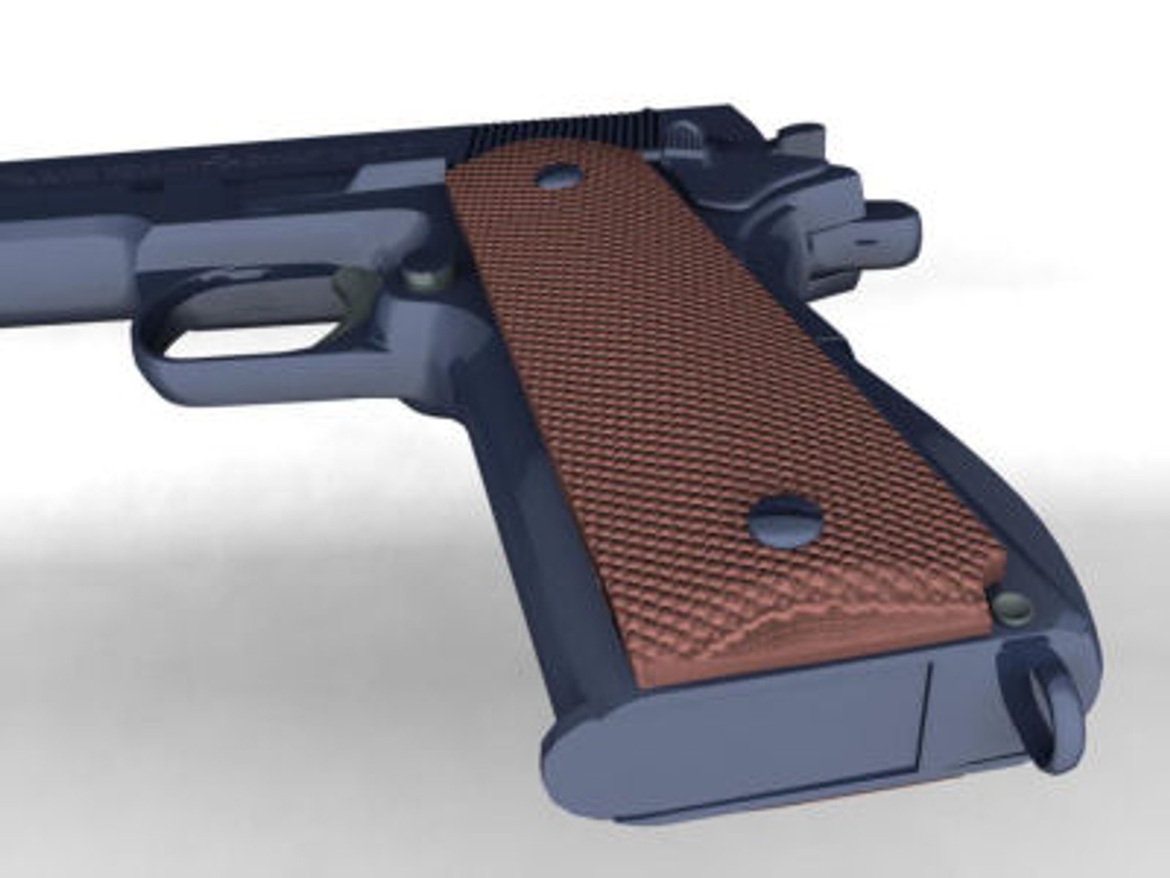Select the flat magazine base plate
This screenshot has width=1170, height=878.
[731, 732]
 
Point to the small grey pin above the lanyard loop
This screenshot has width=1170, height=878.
[1012, 606]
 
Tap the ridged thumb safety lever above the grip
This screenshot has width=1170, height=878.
[687, 138]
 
